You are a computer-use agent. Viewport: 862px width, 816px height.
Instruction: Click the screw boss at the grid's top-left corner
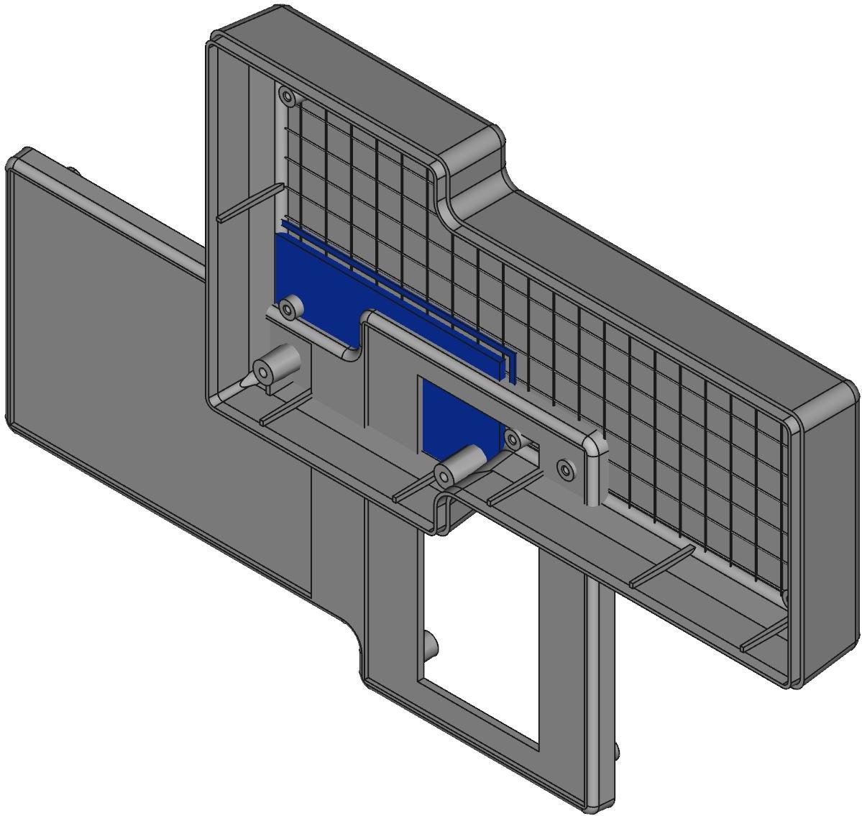coord(287,96)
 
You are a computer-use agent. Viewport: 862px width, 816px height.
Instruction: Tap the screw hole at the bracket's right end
coord(567,470)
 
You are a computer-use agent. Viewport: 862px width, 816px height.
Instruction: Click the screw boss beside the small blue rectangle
coord(513,439)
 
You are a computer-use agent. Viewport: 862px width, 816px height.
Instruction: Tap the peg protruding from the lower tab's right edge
coord(617,751)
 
